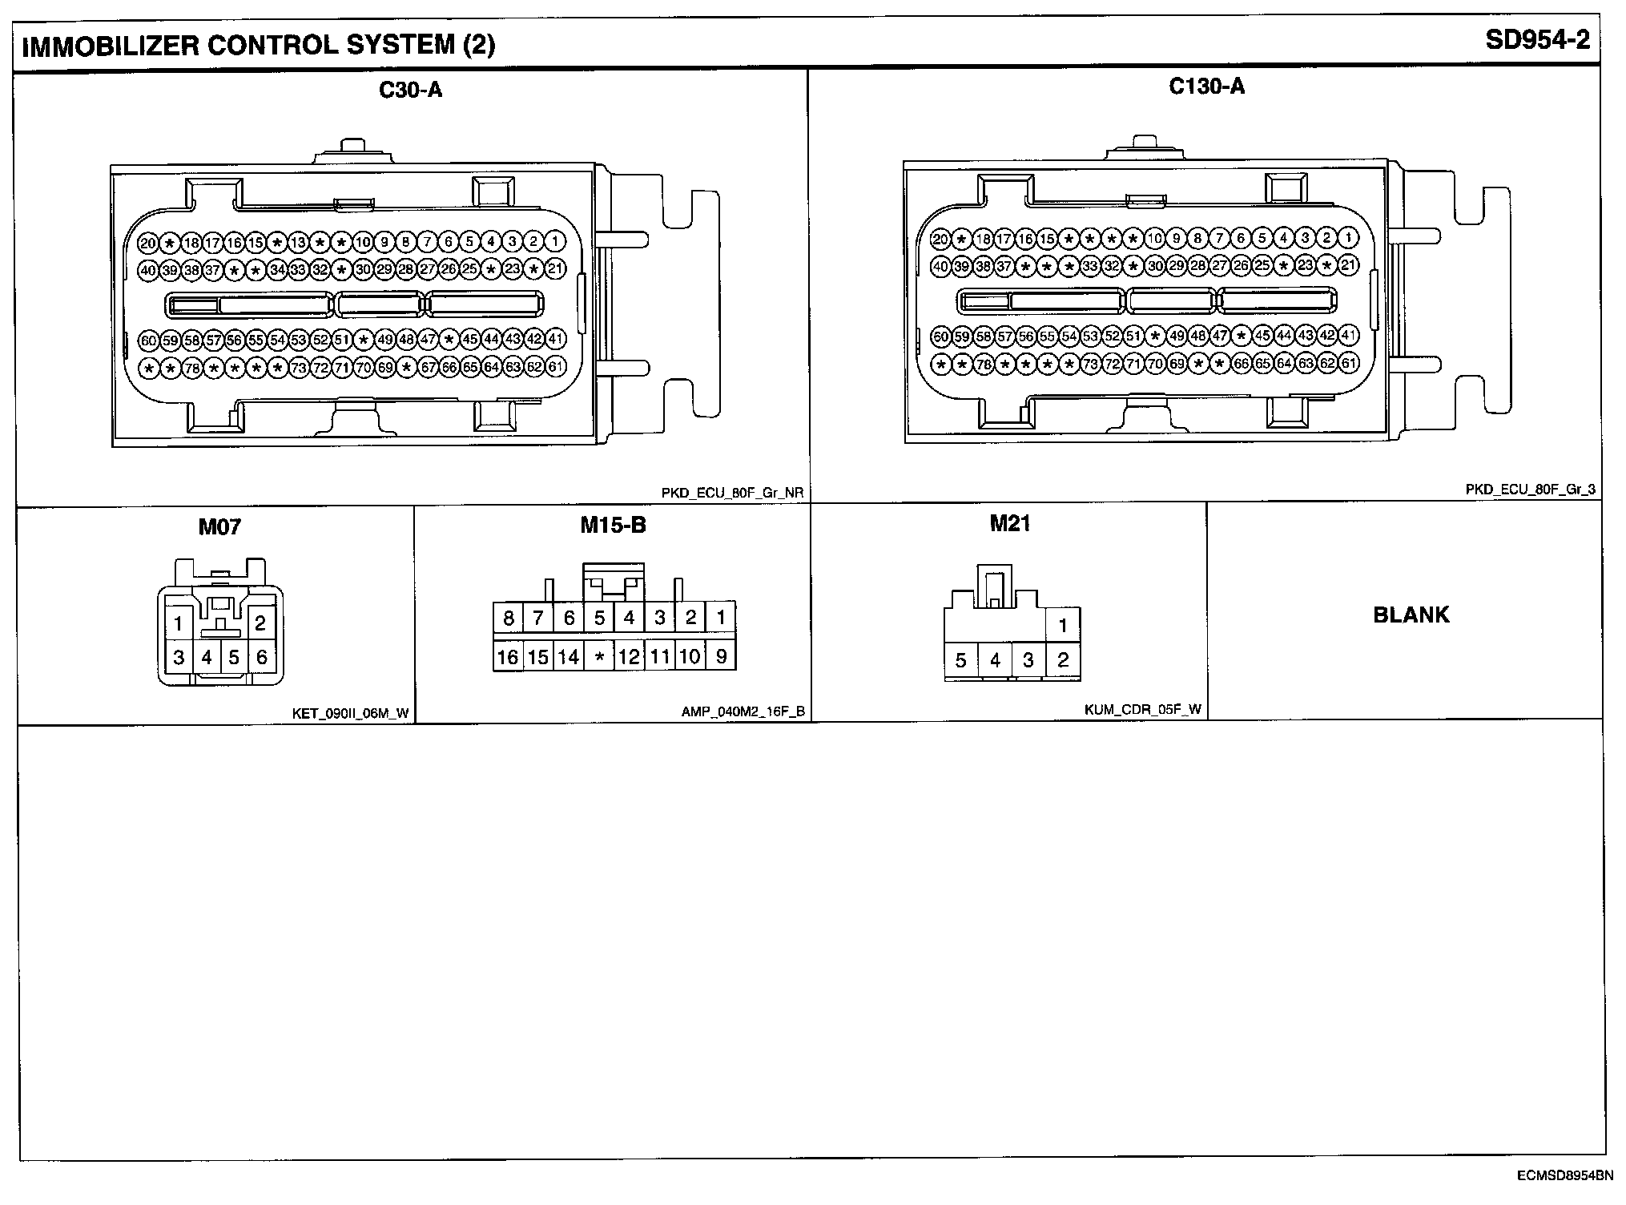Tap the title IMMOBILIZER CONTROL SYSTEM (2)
[x=259, y=45]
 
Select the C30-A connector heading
[x=410, y=90]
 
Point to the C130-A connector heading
[x=1206, y=87]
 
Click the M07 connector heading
[x=219, y=527]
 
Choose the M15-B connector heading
[x=613, y=526]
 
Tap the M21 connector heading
[x=1010, y=524]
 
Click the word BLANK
[x=1411, y=615]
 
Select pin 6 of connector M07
[x=261, y=658]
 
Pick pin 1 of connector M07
[x=179, y=623]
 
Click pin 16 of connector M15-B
[x=507, y=658]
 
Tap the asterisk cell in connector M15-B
[x=599, y=658]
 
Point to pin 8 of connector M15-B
[x=508, y=618]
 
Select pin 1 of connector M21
[x=1063, y=626]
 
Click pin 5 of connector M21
[x=961, y=661]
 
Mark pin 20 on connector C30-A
[x=148, y=243]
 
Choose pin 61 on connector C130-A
[x=1348, y=364]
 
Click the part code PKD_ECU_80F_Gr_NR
[x=732, y=494]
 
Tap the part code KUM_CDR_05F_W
[x=1143, y=709]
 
